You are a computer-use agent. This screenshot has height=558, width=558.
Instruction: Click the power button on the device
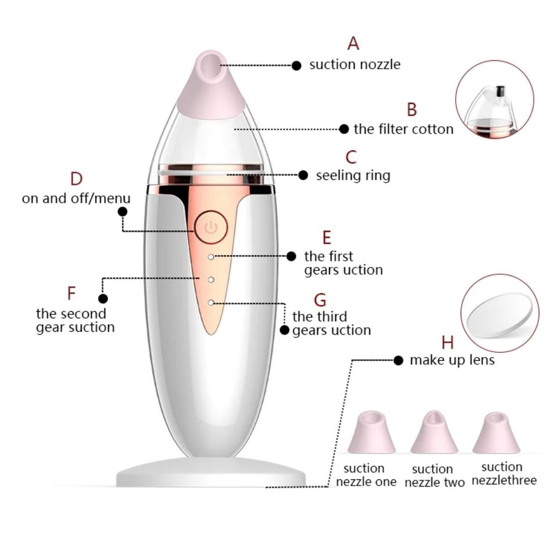[210, 227]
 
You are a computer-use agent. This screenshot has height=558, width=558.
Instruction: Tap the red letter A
[353, 43]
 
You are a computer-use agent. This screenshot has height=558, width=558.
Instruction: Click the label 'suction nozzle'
[355, 65]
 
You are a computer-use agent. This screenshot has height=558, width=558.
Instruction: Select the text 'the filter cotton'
[403, 129]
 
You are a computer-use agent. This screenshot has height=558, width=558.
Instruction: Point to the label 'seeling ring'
[353, 175]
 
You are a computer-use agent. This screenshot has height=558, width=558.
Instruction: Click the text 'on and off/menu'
[76, 198]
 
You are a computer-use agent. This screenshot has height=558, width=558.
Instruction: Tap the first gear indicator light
[211, 256]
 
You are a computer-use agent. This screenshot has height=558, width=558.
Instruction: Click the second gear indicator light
[211, 280]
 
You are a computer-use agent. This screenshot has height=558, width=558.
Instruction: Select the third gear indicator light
[211, 302]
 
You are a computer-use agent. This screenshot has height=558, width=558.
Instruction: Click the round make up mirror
[500, 313]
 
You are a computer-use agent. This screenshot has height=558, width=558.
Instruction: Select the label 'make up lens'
[452, 360]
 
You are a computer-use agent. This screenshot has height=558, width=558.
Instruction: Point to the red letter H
[447, 342]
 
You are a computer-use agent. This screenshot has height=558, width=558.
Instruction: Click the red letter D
[76, 179]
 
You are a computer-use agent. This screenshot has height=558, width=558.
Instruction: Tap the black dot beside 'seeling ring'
[303, 175]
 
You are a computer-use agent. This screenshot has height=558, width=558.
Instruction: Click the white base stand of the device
[211, 472]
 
